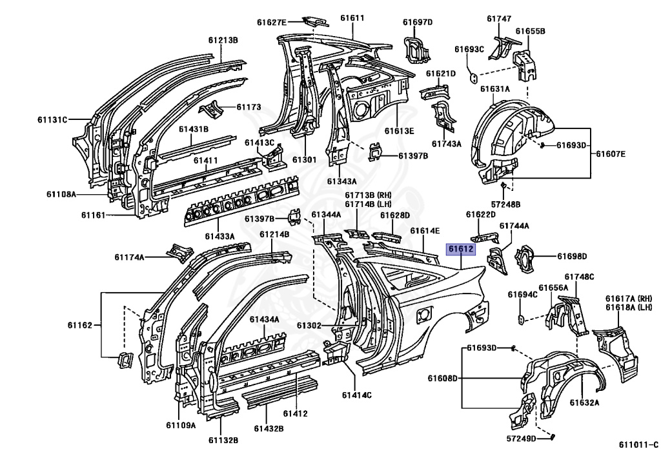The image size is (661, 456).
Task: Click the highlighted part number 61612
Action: [x=461, y=249]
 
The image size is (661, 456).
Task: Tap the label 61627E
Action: [x=272, y=23]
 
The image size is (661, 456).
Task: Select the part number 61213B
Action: [x=223, y=40]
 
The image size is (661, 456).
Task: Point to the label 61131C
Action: [x=52, y=119]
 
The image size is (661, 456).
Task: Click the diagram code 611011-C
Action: [x=638, y=444]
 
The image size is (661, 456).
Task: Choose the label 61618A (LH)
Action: [x=629, y=308]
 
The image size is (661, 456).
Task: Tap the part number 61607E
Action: [x=611, y=154]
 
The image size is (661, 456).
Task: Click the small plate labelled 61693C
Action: [x=473, y=78]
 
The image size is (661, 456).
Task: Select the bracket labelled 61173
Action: [x=212, y=110]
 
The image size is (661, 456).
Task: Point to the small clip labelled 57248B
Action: [x=503, y=185]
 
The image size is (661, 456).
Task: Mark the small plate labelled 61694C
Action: [x=522, y=319]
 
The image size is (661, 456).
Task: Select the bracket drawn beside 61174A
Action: [x=180, y=253]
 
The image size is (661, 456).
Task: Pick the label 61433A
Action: [x=219, y=236]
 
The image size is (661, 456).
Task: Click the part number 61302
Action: [x=309, y=326]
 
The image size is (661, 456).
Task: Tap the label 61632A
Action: [x=584, y=402]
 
